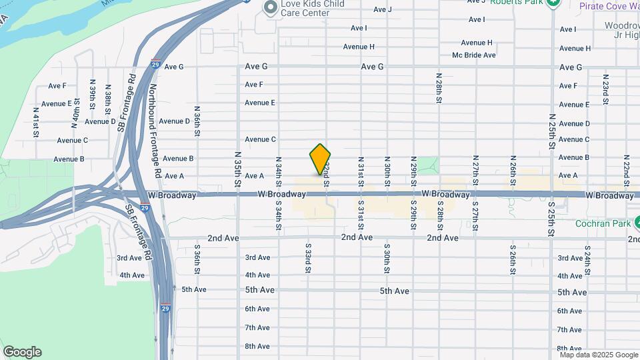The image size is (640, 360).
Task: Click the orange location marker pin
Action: pyautogui.click(x=320, y=159)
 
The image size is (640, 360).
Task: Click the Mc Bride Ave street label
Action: pyautogui.click(x=473, y=55)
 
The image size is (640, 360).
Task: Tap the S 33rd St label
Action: pyautogui.click(x=309, y=257)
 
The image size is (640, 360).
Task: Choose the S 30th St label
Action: pyautogui.click(x=387, y=257)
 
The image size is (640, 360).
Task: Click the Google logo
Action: pyautogui.click(x=22, y=352)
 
